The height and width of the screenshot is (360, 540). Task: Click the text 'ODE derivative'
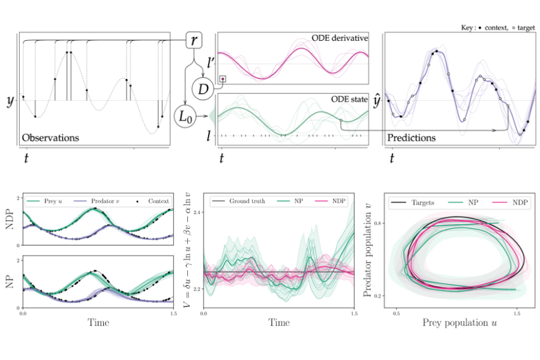click(x=340, y=38)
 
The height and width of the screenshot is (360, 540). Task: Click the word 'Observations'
click(x=50, y=137)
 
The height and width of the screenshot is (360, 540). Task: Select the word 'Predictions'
click(x=412, y=137)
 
